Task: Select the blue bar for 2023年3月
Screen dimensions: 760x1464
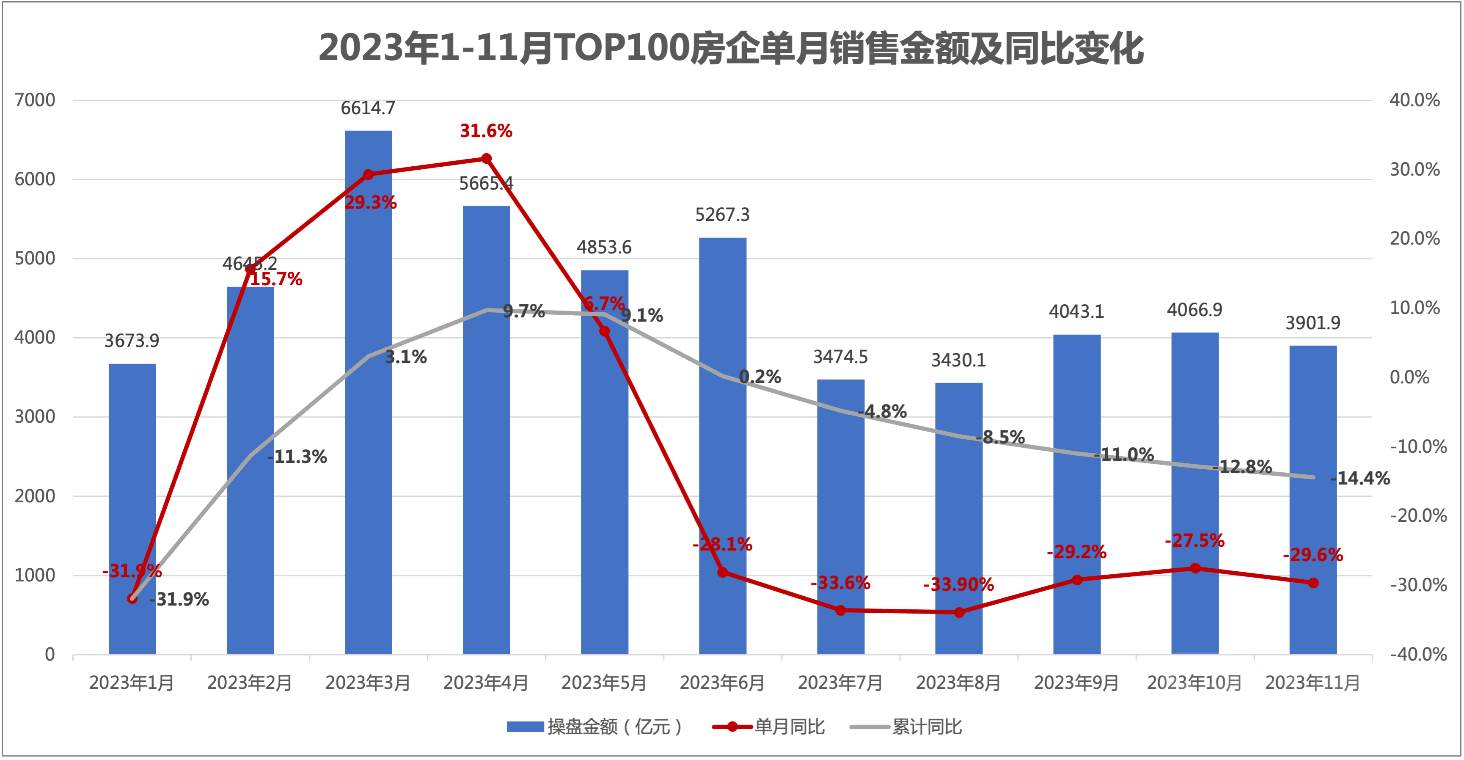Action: [x=368, y=398]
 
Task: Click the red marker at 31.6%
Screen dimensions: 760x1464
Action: [x=487, y=159]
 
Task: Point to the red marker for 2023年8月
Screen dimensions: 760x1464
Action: [x=959, y=612]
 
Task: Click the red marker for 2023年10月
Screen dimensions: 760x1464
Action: [x=1195, y=568]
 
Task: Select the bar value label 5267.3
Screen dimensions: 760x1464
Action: [x=722, y=215]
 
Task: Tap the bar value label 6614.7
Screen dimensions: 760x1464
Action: [x=368, y=108]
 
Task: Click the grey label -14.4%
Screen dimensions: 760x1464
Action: [x=1359, y=479]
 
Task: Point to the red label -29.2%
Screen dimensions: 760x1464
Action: [x=1076, y=552]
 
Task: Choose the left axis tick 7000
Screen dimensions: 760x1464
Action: [x=35, y=101]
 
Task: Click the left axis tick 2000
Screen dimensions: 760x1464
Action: [x=35, y=496]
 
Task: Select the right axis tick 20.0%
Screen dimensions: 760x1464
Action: [x=1414, y=239]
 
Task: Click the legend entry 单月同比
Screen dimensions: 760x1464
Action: [x=789, y=727]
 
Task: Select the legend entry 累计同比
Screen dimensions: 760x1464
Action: [x=926, y=727]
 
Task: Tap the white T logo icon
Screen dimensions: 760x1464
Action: [x=1200, y=692]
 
